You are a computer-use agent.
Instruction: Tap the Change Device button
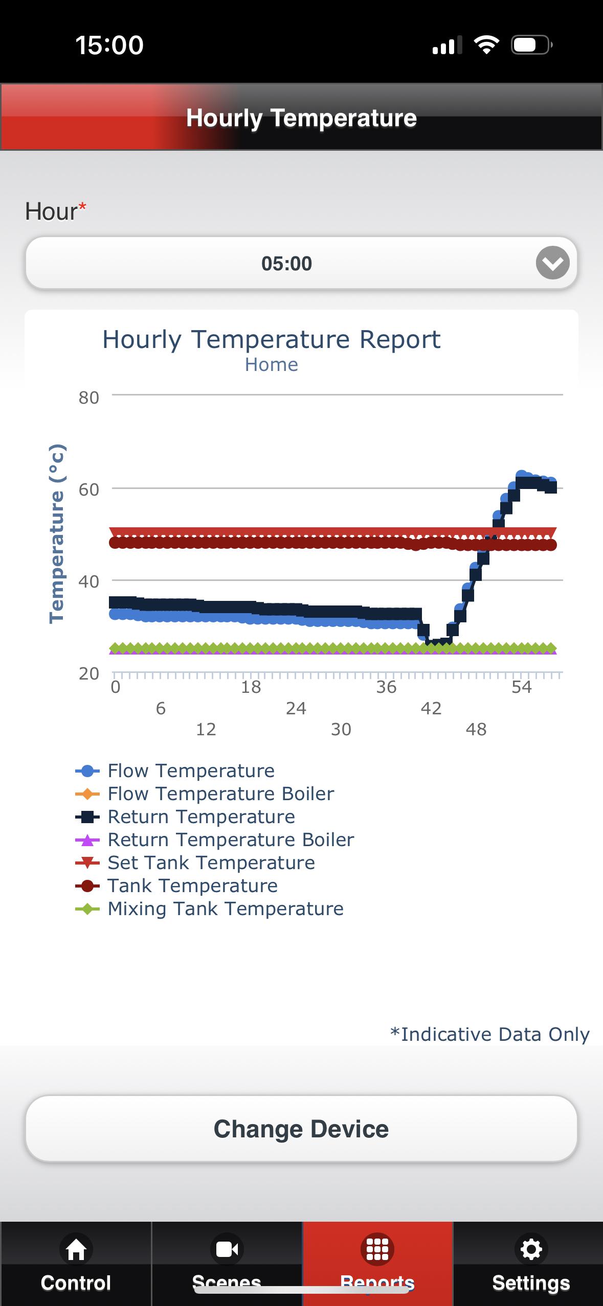coord(301,1129)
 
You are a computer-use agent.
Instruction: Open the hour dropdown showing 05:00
coord(301,263)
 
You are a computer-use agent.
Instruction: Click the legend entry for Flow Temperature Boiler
coord(205,794)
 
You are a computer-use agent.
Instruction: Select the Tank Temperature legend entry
coord(176,885)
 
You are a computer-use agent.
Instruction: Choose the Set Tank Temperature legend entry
coord(195,862)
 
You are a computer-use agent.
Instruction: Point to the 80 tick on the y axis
coord(88,398)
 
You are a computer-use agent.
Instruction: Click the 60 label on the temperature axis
coord(88,489)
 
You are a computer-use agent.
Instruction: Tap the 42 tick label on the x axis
coord(431,708)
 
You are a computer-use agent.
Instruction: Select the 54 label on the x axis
coord(522,687)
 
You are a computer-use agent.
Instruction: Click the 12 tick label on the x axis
coord(206,729)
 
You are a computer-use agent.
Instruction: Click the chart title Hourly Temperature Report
coord(271,339)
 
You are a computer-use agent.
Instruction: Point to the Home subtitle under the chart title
coord(271,365)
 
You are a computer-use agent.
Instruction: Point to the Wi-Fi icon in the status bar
coord(486,45)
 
